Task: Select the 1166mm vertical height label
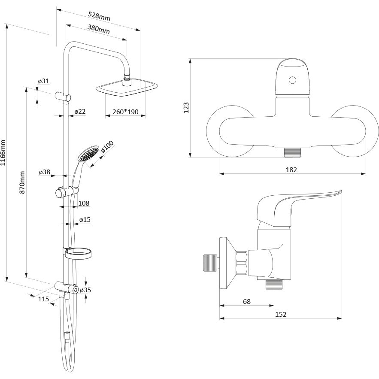click(4, 153)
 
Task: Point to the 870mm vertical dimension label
click(22, 182)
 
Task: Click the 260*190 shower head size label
click(125, 112)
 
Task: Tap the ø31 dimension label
click(43, 81)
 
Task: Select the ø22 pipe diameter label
click(80, 112)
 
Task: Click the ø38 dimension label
click(44, 172)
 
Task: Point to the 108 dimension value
click(84, 203)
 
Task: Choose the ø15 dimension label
click(85, 220)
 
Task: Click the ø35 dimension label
click(85, 290)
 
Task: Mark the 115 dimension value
click(44, 299)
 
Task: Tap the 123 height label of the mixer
click(186, 107)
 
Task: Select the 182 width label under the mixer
click(291, 170)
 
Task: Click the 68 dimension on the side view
click(246, 302)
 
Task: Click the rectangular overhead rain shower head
click(126, 88)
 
